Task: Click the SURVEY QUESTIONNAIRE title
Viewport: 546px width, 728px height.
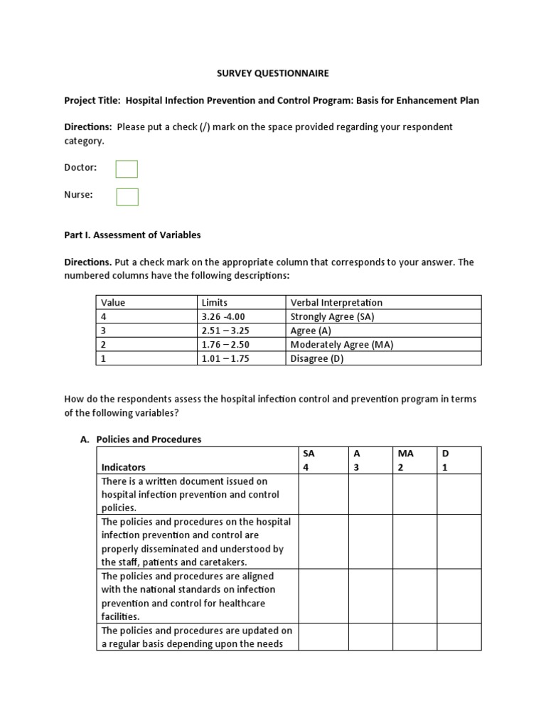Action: click(x=273, y=73)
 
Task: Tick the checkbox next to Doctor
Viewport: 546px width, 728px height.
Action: click(x=127, y=168)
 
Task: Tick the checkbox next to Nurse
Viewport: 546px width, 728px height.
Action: click(x=127, y=196)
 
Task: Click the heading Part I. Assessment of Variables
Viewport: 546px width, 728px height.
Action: click(x=132, y=235)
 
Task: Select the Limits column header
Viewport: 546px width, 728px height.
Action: click(x=215, y=303)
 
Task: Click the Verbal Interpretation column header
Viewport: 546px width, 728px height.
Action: click(x=336, y=303)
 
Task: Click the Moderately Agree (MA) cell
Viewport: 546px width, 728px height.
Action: click(x=342, y=345)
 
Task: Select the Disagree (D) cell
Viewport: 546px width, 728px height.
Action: click(x=317, y=358)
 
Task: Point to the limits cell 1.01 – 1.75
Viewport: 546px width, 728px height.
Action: click(x=225, y=358)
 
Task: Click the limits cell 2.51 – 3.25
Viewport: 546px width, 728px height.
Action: click(x=225, y=331)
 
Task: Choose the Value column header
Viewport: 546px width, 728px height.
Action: click(x=113, y=303)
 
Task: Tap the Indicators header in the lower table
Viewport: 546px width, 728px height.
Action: click(x=124, y=467)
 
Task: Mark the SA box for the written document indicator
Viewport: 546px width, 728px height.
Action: click(x=323, y=494)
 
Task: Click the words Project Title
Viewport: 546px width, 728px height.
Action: click(x=92, y=100)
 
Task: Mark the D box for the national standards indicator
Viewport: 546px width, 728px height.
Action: click(x=459, y=596)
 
